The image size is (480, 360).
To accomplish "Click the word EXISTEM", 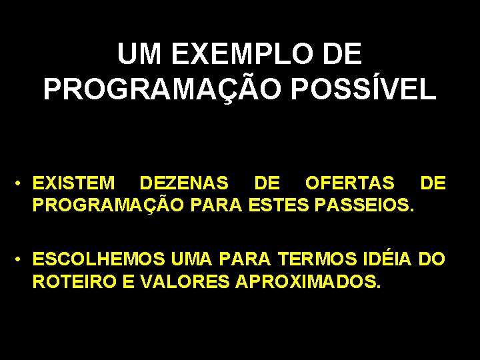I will [x=74, y=183].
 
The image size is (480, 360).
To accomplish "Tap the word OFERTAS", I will [x=349, y=183].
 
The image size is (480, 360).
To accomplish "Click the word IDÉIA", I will [x=389, y=259].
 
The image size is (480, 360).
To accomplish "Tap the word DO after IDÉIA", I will [x=432, y=259].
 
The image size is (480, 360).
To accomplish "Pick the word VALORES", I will [x=185, y=280].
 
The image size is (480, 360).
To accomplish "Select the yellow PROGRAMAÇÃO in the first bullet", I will [x=109, y=203].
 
